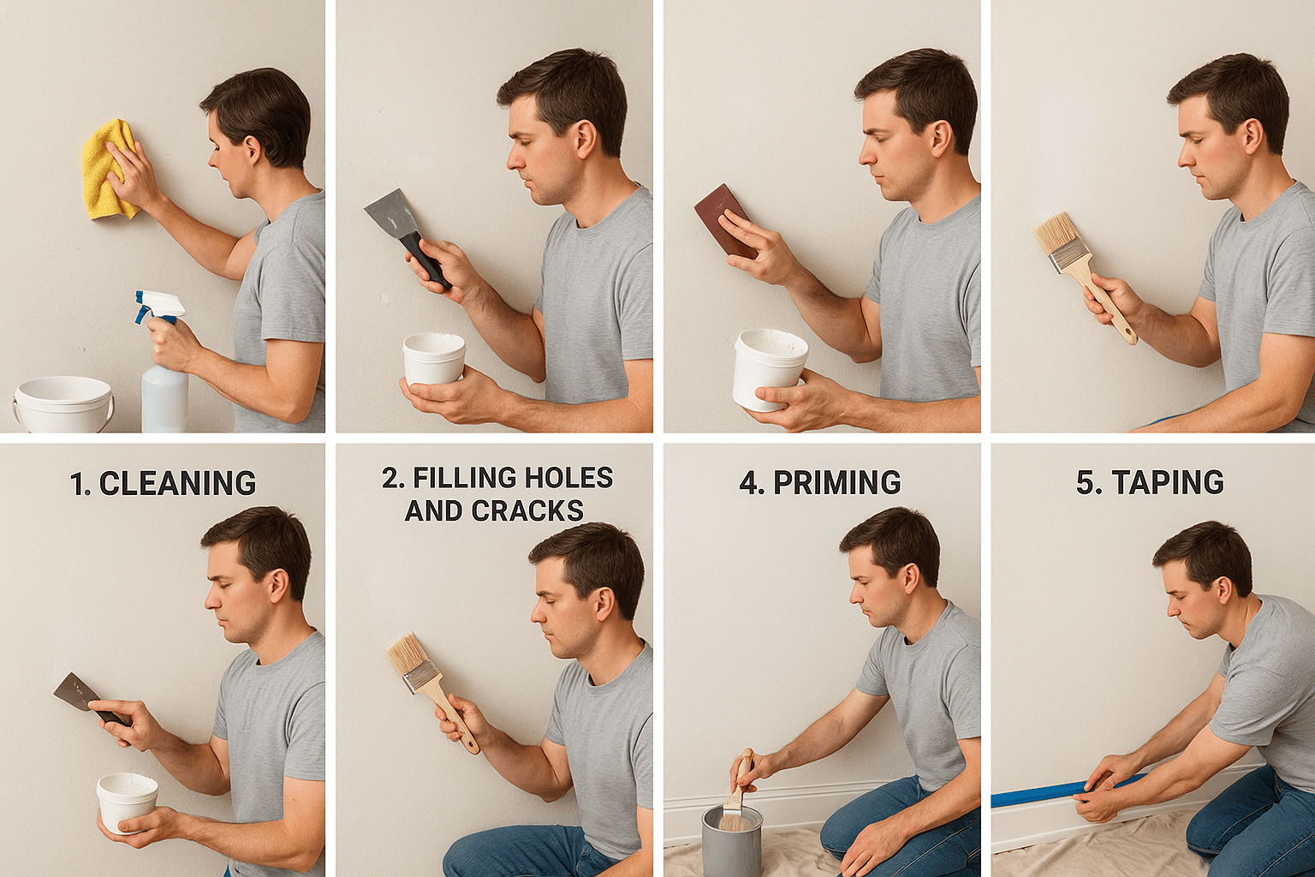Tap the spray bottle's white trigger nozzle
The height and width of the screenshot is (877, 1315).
160,305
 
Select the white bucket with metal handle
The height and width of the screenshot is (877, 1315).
63,404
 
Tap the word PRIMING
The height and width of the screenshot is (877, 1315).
836,483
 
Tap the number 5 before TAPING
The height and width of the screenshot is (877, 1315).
1085,483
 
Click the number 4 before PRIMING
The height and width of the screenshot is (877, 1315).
749,483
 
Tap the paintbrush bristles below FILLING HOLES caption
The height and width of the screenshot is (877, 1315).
407,654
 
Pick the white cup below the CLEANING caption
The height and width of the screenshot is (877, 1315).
127,801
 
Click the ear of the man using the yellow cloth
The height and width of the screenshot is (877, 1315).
253,149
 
